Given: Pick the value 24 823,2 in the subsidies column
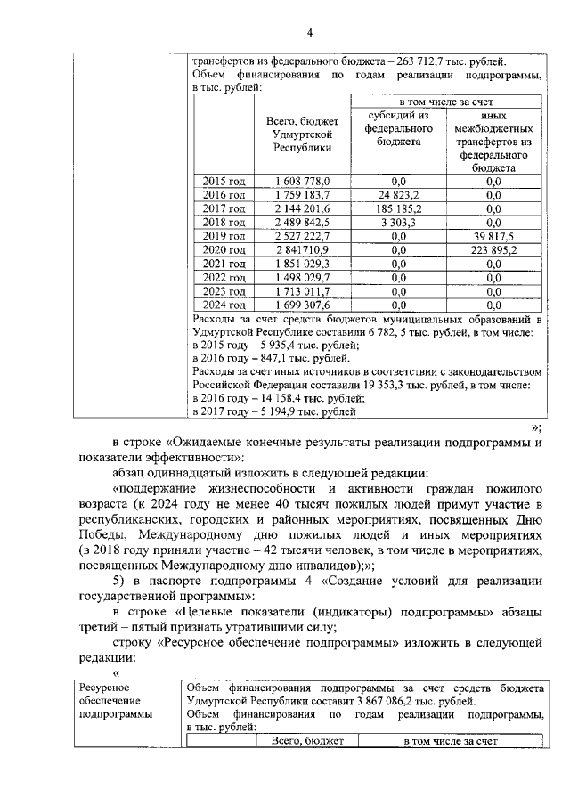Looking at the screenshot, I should (x=398, y=194).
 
